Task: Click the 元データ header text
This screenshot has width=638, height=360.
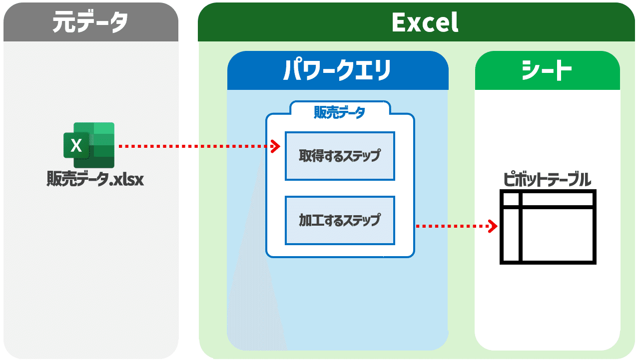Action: tap(90, 22)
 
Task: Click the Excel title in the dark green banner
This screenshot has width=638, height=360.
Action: tap(425, 22)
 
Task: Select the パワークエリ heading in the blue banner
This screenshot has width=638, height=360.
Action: tap(337, 70)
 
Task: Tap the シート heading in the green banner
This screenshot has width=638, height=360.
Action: tap(547, 70)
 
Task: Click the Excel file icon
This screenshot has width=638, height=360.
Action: tap(89, 145)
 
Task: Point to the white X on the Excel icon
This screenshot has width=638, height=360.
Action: tap(76, 146)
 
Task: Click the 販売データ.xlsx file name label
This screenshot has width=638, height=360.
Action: tap(95, 179)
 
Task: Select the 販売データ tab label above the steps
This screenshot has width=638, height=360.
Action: tap(339, 112)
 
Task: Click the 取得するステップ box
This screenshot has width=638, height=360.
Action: tap(340, 156)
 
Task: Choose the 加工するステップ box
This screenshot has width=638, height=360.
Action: tap(340, 220)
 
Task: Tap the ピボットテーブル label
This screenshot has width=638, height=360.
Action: tap(547, 179)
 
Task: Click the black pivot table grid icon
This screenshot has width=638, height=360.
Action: tap(548, 227)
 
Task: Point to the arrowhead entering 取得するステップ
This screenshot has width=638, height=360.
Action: tap(275, 146)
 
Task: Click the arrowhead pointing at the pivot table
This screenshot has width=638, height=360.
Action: tap(493, 226)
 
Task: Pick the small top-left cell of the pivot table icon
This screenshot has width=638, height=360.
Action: tap(511, 199)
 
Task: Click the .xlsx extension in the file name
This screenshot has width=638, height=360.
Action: tap(127, 179)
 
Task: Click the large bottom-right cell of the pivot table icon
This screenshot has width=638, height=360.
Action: tap(557, 235)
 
